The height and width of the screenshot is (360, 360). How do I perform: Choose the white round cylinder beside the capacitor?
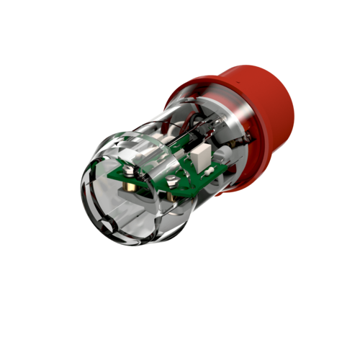click(223, 153)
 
